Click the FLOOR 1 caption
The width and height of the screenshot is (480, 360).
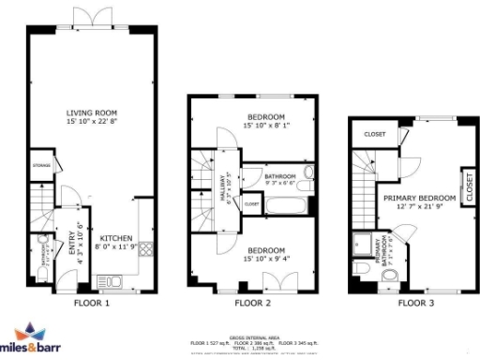92,304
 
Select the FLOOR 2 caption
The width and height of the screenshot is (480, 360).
252,304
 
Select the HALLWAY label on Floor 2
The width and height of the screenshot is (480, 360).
223,190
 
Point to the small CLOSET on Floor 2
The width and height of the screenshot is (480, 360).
252,202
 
